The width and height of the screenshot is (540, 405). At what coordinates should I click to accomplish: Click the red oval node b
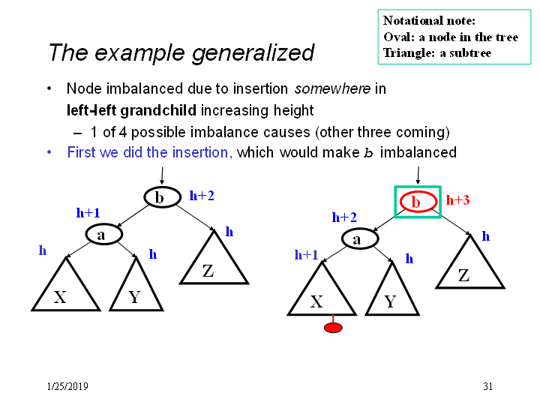coord(418,202)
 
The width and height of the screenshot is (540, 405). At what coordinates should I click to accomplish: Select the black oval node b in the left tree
coord(162,197)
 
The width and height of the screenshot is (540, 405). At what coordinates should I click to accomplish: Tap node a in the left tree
coord(104,234)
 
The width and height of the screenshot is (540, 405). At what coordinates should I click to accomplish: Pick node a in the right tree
coord(360,238)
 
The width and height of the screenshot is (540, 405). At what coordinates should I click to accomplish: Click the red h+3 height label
coord(457,200)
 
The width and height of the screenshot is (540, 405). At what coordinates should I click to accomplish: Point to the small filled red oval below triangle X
coord(333,328)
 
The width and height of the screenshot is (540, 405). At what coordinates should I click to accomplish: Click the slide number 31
coord(487,386)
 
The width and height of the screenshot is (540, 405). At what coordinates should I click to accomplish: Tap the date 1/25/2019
coord(67,386)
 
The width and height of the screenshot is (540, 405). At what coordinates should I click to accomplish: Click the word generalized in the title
coord(253,53)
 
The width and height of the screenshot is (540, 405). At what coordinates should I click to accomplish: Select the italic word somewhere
coord(332,88)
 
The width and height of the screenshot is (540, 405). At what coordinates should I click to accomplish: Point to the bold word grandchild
coord(158,110)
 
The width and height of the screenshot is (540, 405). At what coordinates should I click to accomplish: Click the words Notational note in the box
coord(429,21)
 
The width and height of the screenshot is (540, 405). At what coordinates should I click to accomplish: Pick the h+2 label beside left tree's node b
coord(202,196)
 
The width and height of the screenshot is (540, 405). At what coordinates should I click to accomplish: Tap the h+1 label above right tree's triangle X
coord(306,254)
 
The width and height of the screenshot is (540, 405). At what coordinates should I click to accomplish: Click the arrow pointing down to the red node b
coord(418,176)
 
